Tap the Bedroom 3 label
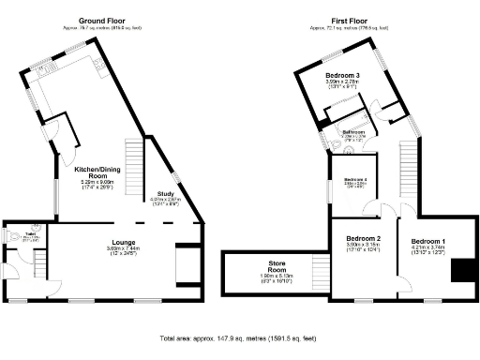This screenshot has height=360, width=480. pyautogui.click(x=343, y=75)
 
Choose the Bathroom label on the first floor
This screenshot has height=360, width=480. pyautogui.click(x=353, y=131)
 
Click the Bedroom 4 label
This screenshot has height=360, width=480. pyautogui.click(x=355, y=179)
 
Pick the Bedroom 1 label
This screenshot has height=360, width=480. pyautogui.click(x=429, y=242)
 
